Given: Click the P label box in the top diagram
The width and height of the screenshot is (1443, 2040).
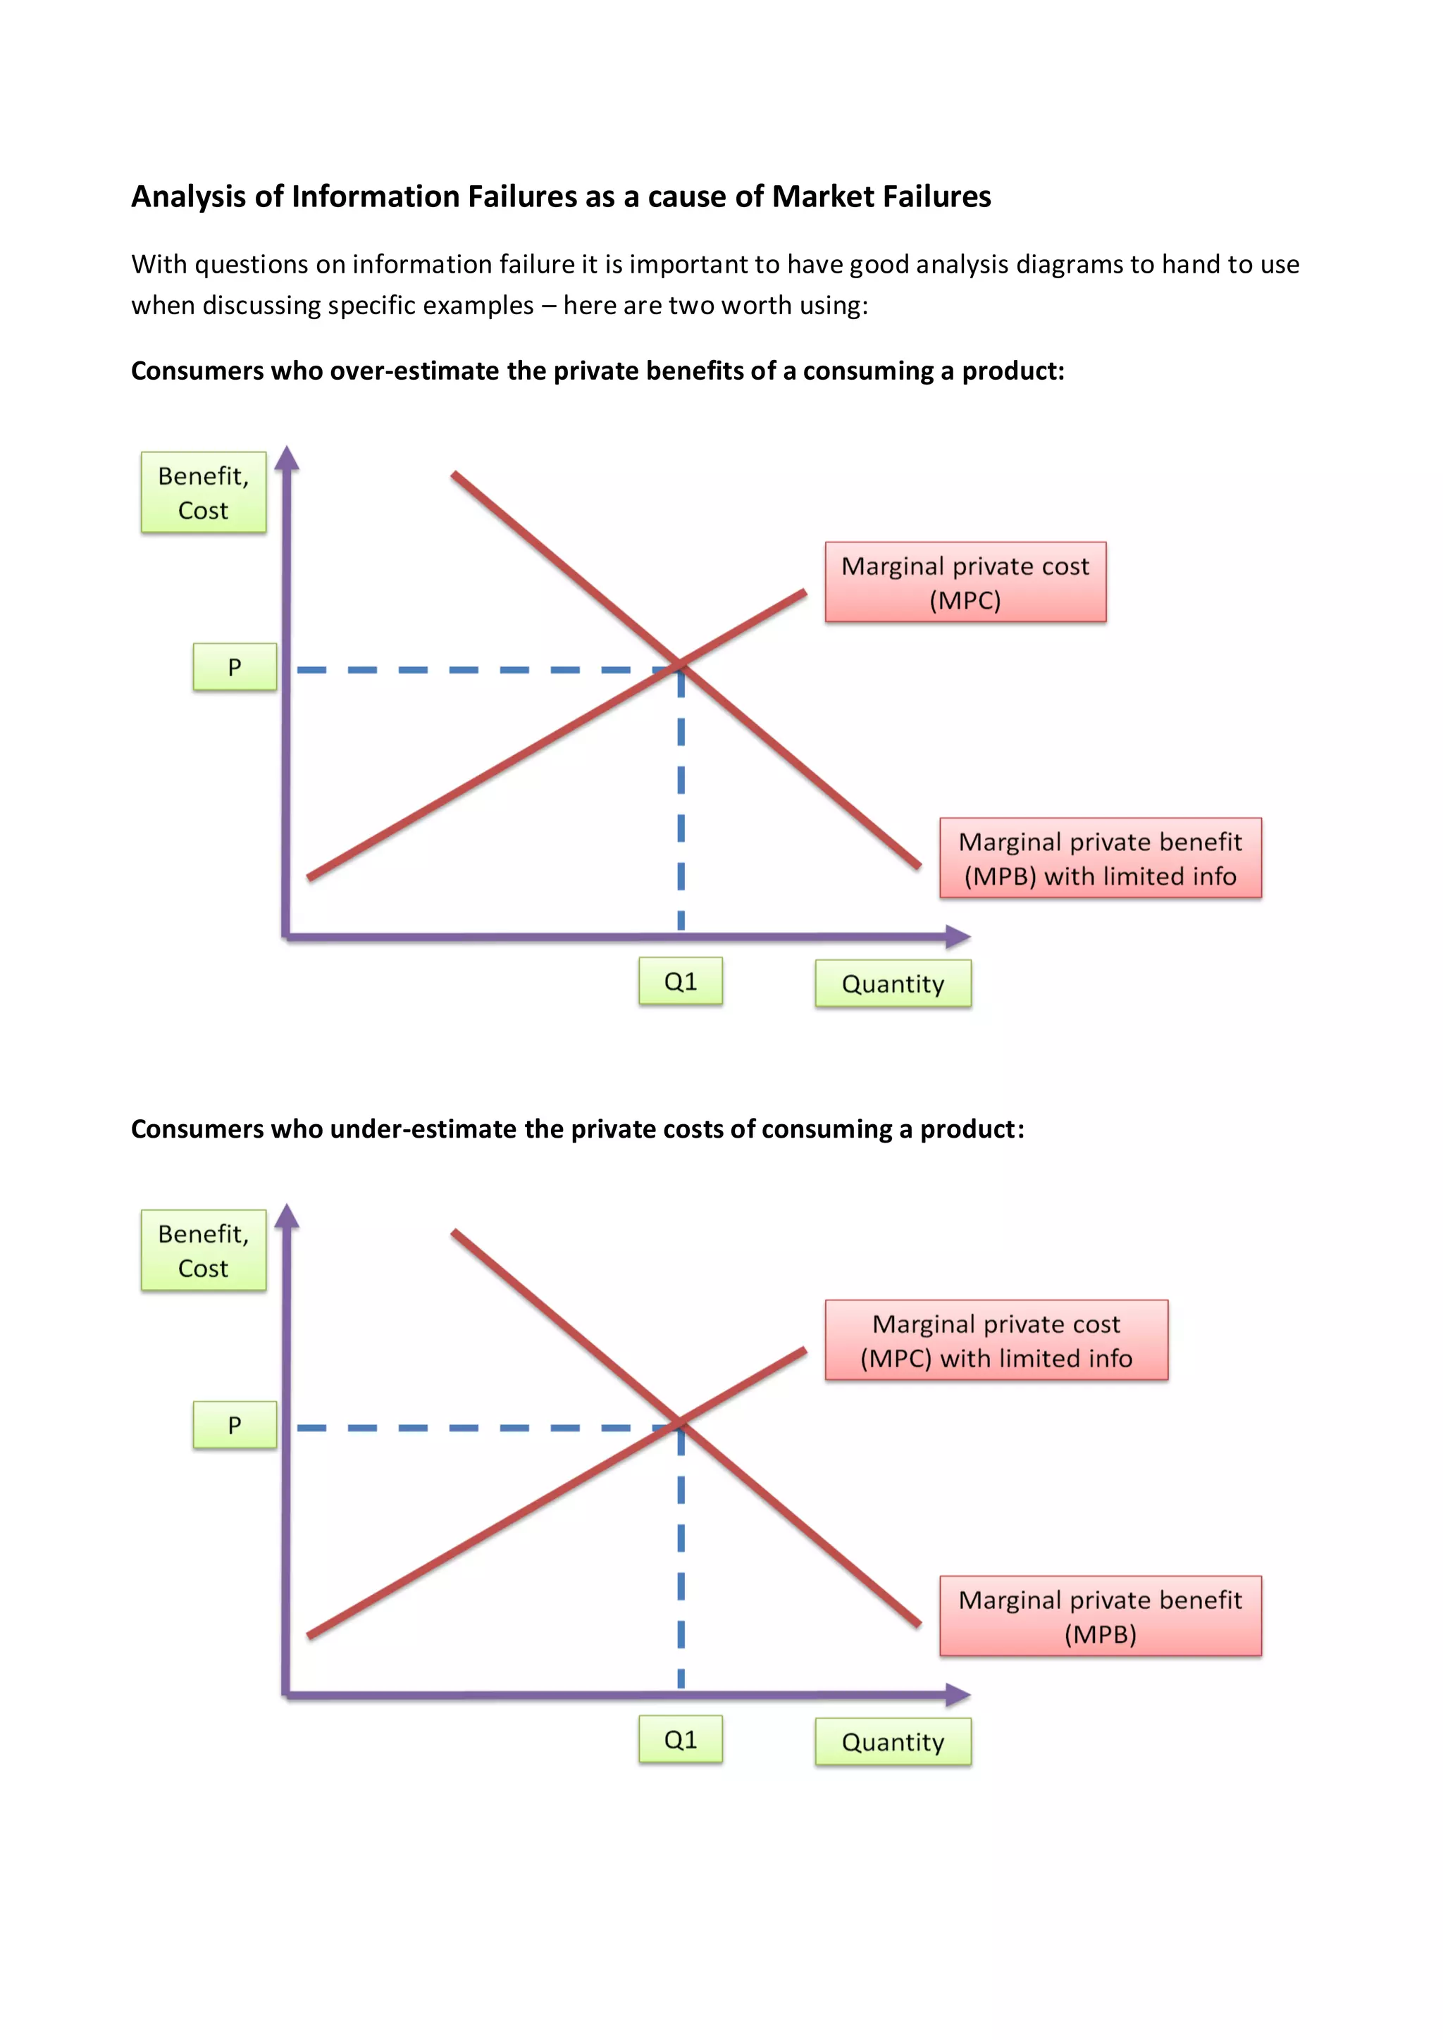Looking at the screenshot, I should point(235,667).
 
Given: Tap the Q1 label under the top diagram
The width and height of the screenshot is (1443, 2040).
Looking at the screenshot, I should point(681,982).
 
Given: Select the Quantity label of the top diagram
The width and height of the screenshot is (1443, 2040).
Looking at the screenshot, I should point(893,983).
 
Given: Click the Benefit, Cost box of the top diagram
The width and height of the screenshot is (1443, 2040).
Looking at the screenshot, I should point(204,493).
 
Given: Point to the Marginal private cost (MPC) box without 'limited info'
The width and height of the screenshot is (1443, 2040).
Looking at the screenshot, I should point(965,583).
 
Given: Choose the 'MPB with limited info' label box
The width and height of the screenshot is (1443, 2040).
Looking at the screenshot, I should point(1100,858).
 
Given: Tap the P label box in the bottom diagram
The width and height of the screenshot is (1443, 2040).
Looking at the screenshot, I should point(235,1425).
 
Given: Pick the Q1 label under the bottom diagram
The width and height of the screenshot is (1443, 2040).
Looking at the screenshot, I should point(681,1740).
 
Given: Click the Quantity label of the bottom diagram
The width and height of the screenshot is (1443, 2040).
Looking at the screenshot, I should point(893,1741).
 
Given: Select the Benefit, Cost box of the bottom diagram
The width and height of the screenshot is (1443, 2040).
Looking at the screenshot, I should point(204,1251).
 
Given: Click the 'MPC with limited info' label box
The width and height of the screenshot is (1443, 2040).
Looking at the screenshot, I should point(996,1341).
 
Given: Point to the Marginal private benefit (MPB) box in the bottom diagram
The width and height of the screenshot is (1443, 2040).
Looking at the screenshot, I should point(1100,1616).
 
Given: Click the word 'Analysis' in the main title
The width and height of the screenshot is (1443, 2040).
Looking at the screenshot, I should point(188,197).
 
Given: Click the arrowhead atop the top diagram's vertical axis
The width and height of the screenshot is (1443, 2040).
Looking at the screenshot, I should point(286,458).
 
